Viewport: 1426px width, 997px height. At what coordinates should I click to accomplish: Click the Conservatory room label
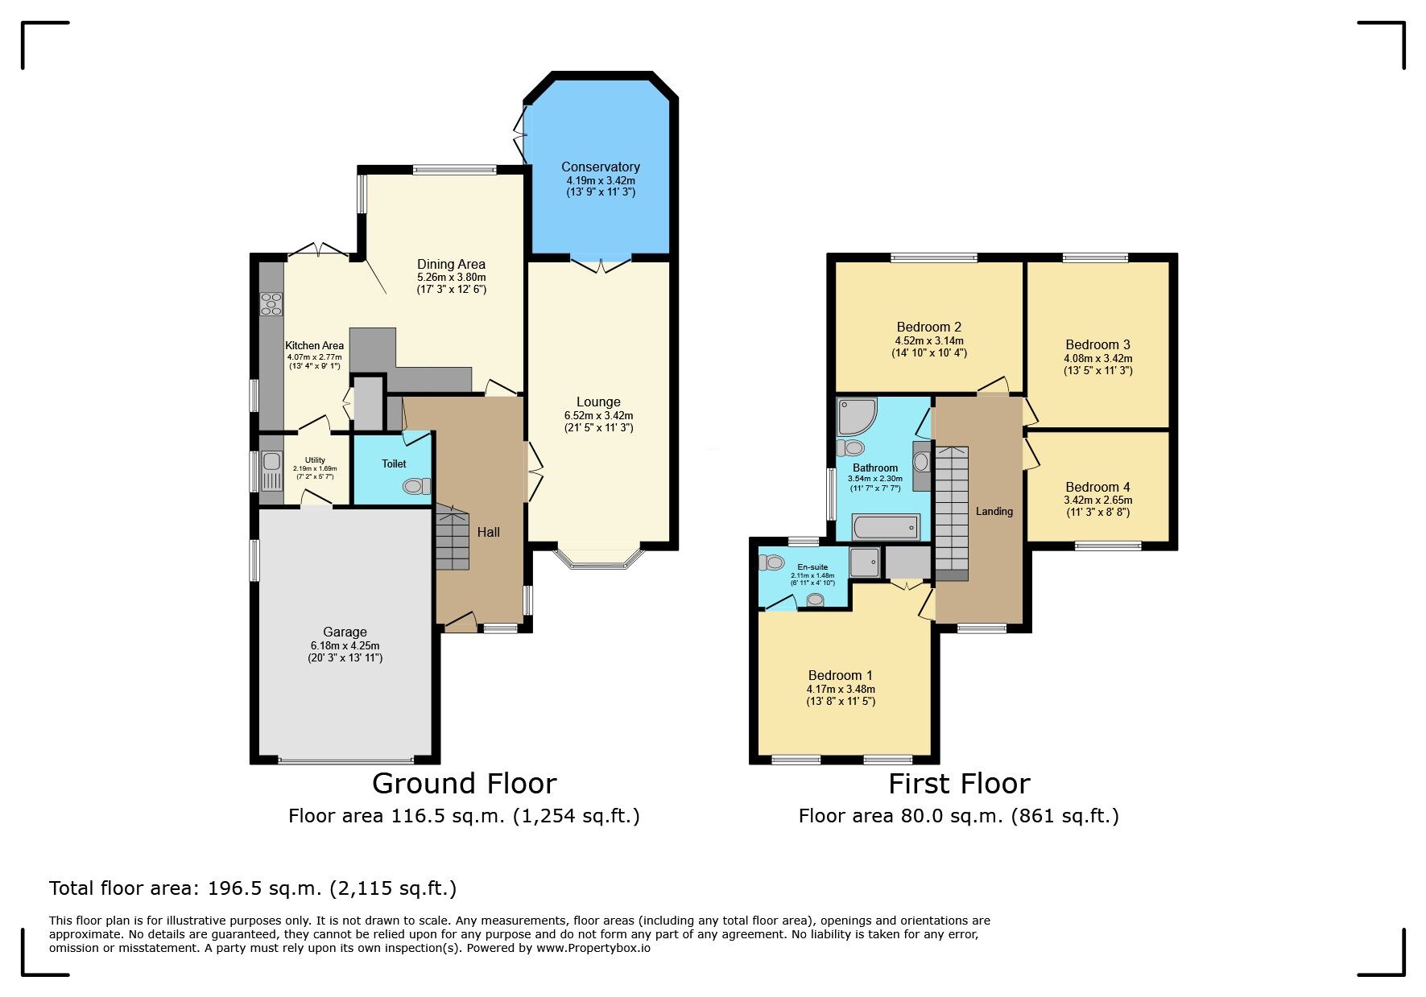tap(601, 167)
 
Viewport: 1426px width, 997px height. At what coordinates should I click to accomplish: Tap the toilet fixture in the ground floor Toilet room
tap(416, 486)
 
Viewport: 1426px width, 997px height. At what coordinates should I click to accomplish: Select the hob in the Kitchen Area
tap(271, 303)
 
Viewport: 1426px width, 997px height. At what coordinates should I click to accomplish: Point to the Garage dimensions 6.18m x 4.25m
tap(345, 645)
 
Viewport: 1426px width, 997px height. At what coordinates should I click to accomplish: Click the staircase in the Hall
tap(452, 538)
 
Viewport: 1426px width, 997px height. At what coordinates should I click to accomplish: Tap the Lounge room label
tap(598, 402)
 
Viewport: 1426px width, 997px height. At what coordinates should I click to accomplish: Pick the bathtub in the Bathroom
tap(886, 528)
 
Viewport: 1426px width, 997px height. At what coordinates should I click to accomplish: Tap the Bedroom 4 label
tap(1097, 487)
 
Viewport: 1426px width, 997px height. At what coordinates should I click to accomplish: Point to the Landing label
tap(994, 511)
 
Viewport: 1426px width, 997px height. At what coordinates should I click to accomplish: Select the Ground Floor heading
tap(464, 783)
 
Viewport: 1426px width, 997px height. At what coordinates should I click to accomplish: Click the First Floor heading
tap(959, 783)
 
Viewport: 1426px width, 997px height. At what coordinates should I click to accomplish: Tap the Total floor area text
tap(253, 888)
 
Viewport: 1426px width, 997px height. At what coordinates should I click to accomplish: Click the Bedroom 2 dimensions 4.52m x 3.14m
tap(929, 340)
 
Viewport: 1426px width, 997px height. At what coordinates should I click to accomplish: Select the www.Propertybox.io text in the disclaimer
tap(593, 948)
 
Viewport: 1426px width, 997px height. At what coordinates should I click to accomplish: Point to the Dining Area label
tap(451, 264)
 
